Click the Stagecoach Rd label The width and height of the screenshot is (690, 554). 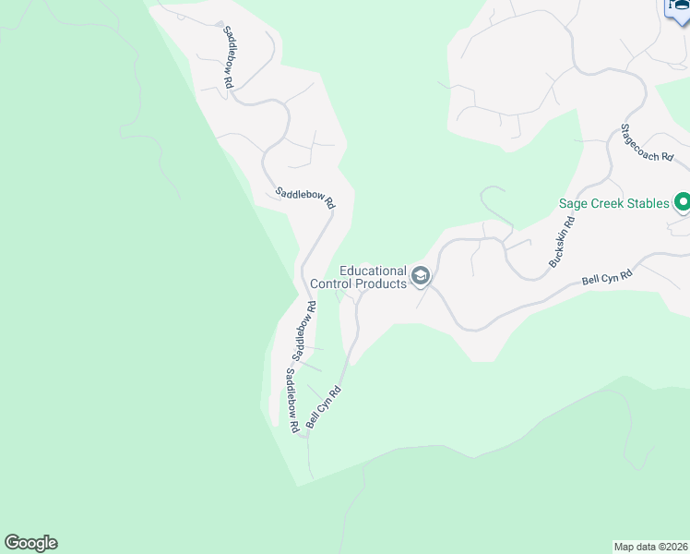652,144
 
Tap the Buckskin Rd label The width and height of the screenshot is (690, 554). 562,242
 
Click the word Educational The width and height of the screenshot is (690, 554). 373,271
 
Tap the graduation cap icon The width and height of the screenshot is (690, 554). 421,275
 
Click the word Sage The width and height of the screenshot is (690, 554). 576,203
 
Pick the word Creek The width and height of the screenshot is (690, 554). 613,203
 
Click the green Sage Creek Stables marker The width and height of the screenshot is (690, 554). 683,201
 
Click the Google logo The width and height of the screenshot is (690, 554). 30,543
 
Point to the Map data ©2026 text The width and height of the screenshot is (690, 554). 650,546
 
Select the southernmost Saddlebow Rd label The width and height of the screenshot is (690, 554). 291,401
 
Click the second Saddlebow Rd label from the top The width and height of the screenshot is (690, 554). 304,198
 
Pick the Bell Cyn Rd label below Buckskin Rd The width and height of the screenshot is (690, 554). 607,278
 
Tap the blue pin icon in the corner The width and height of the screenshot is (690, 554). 678,7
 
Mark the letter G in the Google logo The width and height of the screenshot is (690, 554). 12,543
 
